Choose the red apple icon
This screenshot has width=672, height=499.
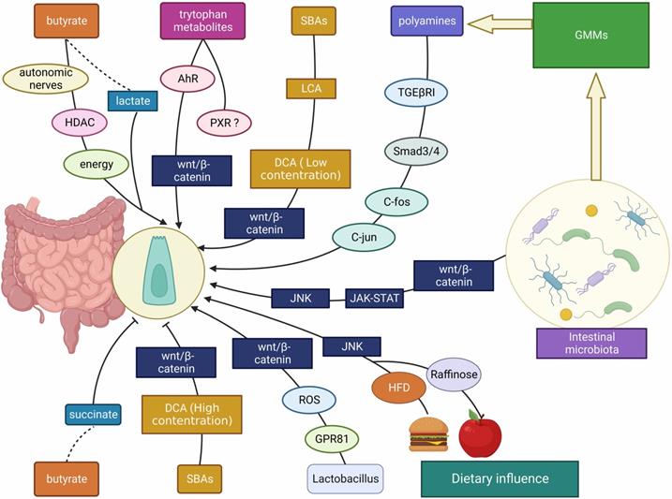tap(480, 434)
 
